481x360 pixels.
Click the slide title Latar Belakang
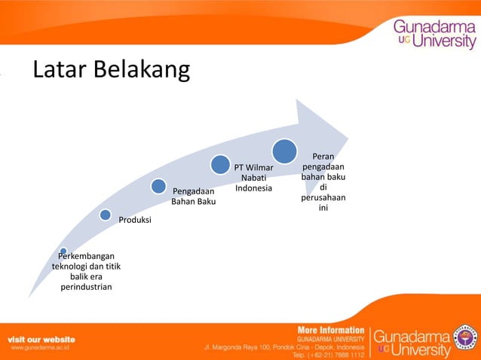[x=110, y=70]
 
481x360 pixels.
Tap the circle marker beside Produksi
[x=106, y=215]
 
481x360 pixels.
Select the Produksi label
[x=135, y=220]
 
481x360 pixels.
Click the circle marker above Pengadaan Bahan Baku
[x=158, y=185]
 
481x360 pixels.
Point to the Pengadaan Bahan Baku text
[x=195, y=197]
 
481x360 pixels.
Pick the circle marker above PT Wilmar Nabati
[x=220, y=163]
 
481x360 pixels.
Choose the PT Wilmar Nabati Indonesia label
[x=253, y=177]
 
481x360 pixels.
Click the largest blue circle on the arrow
[x=284, y=151]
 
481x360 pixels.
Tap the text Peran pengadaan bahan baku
[x=323, y=181]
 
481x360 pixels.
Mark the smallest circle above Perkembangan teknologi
[x=63, y=251]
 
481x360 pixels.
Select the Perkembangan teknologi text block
[x=86, y=271]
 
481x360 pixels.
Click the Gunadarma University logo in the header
[x=434, y=34]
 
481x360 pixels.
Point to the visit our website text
[x=41, y=339]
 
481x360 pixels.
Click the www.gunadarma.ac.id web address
[x=40, y=349]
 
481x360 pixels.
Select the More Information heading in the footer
[x=330, y=330]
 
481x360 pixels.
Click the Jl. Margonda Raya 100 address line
[x=284, y=346]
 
